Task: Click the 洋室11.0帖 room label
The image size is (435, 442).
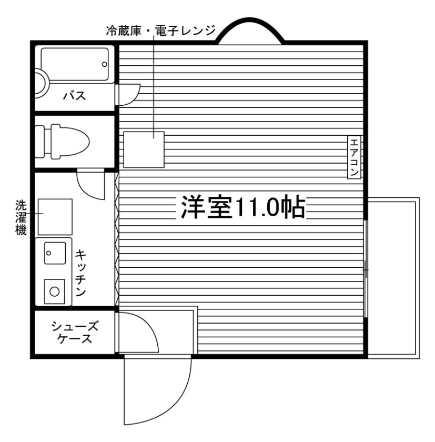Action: (243, 207)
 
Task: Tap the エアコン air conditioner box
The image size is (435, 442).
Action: (354, 157)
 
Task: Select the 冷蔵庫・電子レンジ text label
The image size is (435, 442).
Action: (161, 31)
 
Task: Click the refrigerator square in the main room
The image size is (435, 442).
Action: (144, 149)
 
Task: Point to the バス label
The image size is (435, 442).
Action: (74, 96)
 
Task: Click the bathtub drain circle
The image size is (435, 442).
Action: (105, 64)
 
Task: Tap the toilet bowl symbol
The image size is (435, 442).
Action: (70, 142)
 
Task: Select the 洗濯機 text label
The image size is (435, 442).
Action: (21, 217)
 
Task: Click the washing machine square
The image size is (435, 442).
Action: (55, 217)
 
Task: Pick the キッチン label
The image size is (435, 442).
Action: (80, 273)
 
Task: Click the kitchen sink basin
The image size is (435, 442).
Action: (55, 253)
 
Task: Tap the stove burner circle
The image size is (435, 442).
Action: (54, 292)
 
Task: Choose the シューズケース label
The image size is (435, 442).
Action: (75, 333)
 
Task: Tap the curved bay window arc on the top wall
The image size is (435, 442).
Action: (251, 21)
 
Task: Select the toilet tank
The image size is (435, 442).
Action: (40, 142)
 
